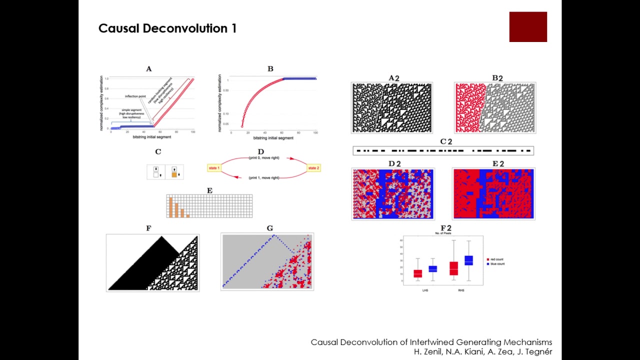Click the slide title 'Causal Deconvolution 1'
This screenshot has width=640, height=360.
(167, 28)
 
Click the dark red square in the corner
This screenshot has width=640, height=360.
(528, 27)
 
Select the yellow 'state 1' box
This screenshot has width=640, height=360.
(214, 168)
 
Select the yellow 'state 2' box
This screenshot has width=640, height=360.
(313, 168)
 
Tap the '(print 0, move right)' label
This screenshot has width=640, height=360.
(263, 158)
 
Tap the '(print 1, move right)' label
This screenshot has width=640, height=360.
(263, 177)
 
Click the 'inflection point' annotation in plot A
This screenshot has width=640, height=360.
(135, 96)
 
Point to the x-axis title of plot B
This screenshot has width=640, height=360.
(273, 137)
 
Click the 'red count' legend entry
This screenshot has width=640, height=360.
(496, 259)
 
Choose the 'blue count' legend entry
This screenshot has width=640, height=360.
(496, 264)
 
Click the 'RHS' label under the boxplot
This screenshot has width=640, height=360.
(460, 290)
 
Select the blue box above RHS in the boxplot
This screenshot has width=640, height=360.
(468, 260)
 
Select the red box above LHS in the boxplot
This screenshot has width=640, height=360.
(417, 273)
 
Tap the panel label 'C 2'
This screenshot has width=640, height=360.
(445, 142)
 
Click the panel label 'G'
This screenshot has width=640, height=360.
(270, 228)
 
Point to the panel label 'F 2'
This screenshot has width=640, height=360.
(445, 228)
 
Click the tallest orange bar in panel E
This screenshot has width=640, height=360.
(170, 207)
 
